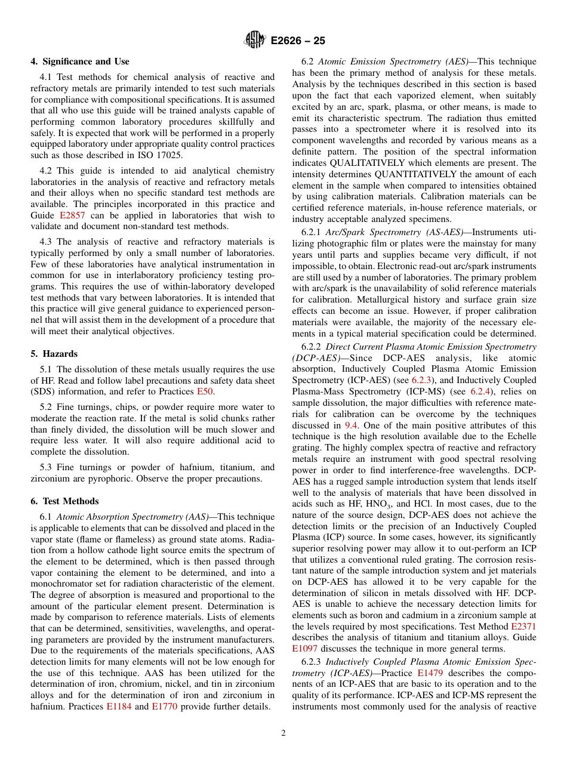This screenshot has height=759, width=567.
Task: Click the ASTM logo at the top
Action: click(x=254, y=41)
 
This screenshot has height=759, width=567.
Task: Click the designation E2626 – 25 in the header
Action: click(x=298, y=41)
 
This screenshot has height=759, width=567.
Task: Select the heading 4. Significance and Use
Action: click(x=80, y=61)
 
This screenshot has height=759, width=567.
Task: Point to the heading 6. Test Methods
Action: click(x=65, y=501)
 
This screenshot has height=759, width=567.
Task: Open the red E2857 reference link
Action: click(x=72, y=215)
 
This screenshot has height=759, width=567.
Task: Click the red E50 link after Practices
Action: click(x=205, y=391)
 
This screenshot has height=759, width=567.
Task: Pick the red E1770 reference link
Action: click(x=165, y=706)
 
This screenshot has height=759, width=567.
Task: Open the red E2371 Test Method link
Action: click(x=523, y=627)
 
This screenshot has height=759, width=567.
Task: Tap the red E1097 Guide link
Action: click(x=305, y=649)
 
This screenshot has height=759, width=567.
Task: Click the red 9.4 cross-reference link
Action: click(x=351, y=425)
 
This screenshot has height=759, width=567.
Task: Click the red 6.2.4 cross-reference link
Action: click(x=482, y=391)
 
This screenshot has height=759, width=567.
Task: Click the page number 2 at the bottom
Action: click(x=283, y=733)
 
